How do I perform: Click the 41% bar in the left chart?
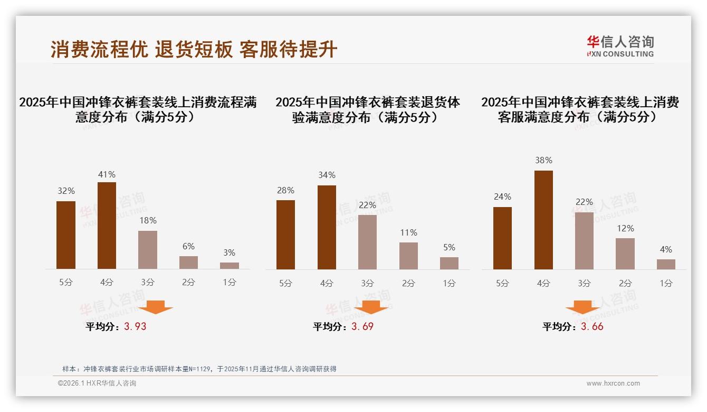point(107,226)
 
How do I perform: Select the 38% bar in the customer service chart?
point(543,220)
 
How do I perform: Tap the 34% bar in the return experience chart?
point(327,227)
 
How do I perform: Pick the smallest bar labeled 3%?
point(230,266)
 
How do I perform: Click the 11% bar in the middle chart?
point(408,256)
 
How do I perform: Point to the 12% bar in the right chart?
point(625,254)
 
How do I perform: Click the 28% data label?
point(285,191)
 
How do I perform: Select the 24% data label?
point(502,197)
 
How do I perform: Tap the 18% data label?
point(148,221)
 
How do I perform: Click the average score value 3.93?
point(135,326)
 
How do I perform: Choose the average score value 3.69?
point(362,326)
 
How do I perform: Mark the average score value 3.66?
point(592,326)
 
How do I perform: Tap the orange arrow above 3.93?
point(156,307)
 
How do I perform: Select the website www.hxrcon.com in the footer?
point(613,383)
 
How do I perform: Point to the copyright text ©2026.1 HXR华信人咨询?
point(97,383)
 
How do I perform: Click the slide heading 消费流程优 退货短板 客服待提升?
point(194,50)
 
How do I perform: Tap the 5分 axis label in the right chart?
point(502,283)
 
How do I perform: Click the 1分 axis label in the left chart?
point(230,283)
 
